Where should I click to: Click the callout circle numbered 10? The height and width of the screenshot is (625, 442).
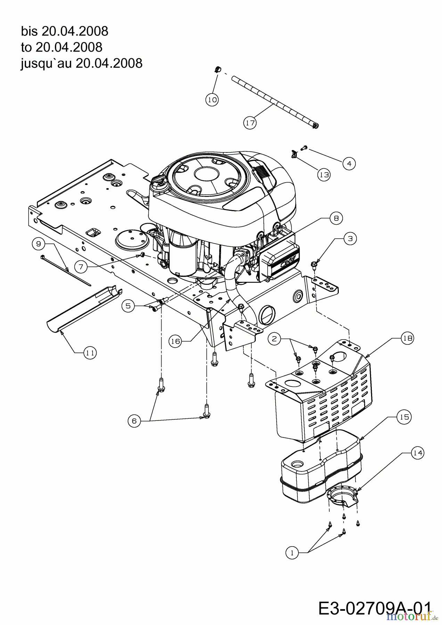[212, 100]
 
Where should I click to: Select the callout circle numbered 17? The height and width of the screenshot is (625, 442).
[249, 123]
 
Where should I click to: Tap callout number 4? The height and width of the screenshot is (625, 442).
[349, 163]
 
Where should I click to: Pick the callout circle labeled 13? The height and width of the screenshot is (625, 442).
[324, 175]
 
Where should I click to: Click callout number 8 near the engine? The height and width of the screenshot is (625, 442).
[336, 218]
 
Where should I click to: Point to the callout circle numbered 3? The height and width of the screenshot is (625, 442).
[350, 239]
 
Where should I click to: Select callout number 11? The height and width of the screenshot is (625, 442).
[90, 353]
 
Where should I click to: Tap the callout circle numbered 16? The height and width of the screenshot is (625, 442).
[175, 342]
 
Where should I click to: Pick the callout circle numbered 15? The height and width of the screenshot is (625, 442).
[404, 417]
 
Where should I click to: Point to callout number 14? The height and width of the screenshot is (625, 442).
[418, 453]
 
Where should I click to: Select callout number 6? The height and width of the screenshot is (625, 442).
[134, 421]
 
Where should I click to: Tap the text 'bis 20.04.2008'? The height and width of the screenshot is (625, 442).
[65, 31]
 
